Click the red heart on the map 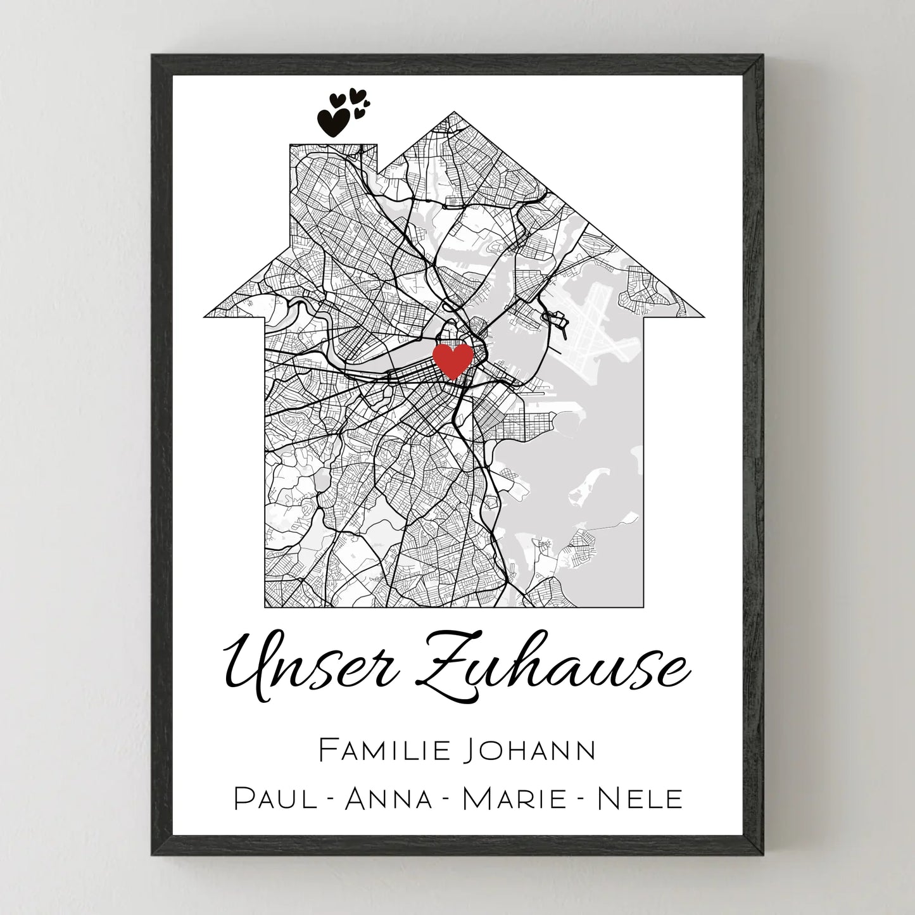453,360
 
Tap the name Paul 275,798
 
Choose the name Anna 389,798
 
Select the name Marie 514,798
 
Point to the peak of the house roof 454,114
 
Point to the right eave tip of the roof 704,315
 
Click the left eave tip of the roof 206,315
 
